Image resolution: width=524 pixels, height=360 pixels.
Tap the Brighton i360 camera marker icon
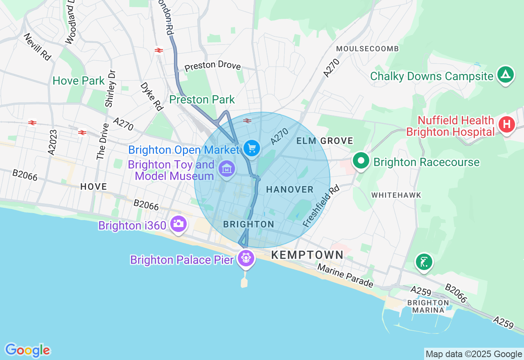(178, 223)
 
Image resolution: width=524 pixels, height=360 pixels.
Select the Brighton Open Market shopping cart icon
(251, 148)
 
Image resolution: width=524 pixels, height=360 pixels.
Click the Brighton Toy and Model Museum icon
(226, 168)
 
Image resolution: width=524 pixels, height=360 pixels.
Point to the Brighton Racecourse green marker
(361, 160)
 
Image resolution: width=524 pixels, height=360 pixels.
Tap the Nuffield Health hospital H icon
(506, 124)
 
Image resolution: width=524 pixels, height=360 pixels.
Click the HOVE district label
(94, 187)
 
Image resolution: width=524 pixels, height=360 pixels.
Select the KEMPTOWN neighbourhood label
(307, 255)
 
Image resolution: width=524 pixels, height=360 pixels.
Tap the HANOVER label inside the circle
(290, 189)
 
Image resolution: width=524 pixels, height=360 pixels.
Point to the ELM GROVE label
(325, 141)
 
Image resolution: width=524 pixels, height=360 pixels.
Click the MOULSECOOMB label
(367, 49)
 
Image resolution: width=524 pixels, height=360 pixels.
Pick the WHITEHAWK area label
(396, 195)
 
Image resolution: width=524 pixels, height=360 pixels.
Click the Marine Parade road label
(345, 276)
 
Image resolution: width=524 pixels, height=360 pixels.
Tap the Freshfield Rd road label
(321, 206)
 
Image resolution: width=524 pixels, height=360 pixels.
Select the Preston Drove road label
(212, 67)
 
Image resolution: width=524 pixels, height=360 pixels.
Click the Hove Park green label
(79, 81)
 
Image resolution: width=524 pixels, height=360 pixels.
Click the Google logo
(27, 350)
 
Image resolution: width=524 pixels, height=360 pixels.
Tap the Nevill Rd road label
(37, 47)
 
